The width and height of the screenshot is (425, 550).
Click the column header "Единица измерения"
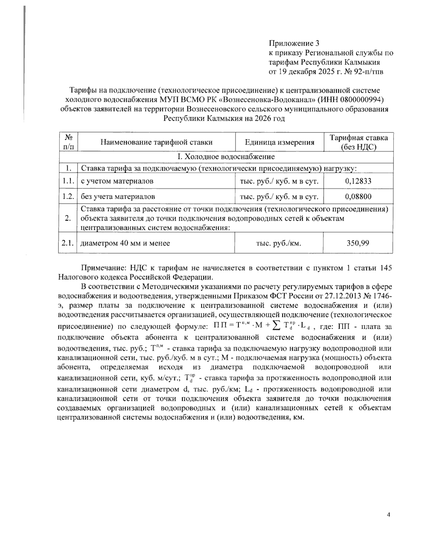tap(279, 142)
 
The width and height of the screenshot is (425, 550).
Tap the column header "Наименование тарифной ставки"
tap(156, 142)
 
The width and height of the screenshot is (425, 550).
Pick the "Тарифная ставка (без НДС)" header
tap(358, 142)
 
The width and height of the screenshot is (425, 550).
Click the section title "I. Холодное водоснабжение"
tap(226, 157)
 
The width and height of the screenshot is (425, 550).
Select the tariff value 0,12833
tap(358, 181)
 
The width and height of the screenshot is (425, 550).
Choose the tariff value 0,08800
tap(358, 196)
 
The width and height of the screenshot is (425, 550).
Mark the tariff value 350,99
tap(358, 243)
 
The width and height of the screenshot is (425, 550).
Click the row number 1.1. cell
tap(67, 181)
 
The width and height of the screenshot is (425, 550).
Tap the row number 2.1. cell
tap(67, 243)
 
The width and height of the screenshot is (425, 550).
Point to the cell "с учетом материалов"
tap(117, 181)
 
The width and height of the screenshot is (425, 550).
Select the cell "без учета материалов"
tap(118, 196)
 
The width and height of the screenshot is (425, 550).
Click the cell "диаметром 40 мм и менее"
tap(125, 243)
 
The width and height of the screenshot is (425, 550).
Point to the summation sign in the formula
tap(276, 325)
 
